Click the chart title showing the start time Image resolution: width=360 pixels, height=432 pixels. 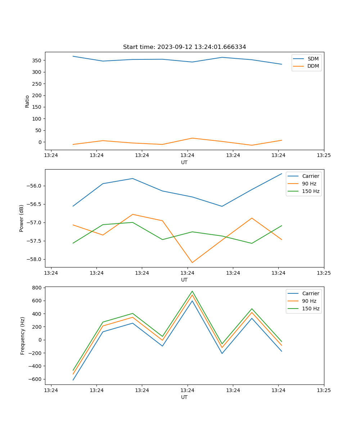coord(184,47)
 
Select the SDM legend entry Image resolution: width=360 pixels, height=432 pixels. coord(313,59)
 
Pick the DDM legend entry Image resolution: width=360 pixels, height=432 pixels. coord(313,66)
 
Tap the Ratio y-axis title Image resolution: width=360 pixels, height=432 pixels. coord(27,101)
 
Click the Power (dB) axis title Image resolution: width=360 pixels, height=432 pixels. coord(22,218)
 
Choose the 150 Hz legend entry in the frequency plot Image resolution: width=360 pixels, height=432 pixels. coord(310,309)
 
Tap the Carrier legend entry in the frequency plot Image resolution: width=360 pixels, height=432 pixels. coord(310,293)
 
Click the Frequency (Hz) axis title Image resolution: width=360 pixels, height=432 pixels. coord(23,336)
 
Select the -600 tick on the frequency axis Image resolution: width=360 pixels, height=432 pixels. coord(36,379)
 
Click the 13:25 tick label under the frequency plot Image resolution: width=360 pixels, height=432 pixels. coord(324,390)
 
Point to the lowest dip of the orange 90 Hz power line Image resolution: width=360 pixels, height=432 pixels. coord(192,262)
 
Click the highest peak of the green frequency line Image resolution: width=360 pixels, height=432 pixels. coord(192,291)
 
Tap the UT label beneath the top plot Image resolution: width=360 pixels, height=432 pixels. coord(184,162)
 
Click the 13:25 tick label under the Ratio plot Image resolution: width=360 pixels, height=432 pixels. coord(324,155)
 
